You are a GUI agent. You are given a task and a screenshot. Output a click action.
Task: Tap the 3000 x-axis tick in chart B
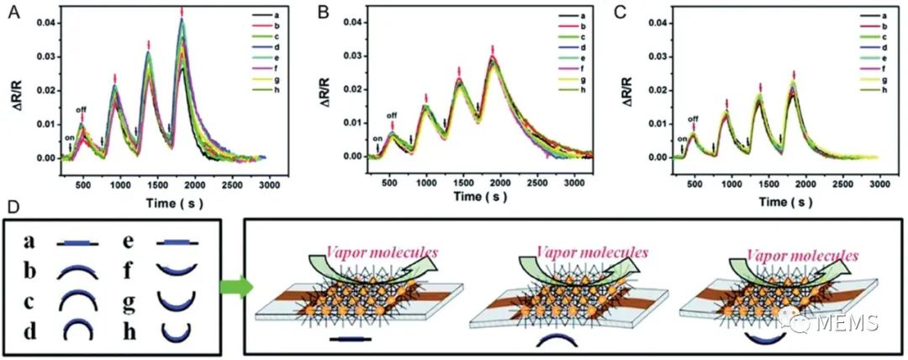[572, 182]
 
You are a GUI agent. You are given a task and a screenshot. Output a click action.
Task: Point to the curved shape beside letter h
[177, 332]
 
